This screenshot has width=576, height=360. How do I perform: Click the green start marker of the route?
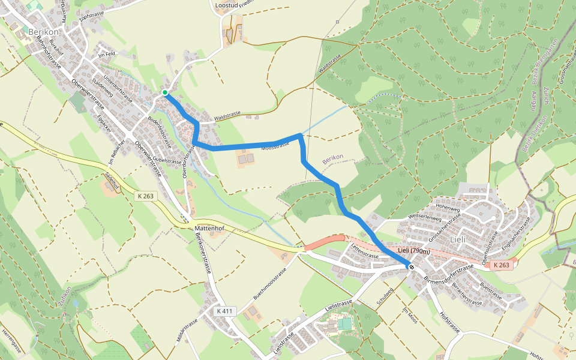tap(164, 92)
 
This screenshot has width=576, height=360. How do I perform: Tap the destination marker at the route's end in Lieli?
tap(411, 266)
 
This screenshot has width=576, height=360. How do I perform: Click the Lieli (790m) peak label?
tap(414, 251)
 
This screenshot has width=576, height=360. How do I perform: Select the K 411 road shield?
tap(226, 311)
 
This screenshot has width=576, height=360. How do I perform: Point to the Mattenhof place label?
tap(209, 229)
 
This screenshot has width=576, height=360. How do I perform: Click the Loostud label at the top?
tap(226, 5)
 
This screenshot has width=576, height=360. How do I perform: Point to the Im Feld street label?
tap(106, 55)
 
